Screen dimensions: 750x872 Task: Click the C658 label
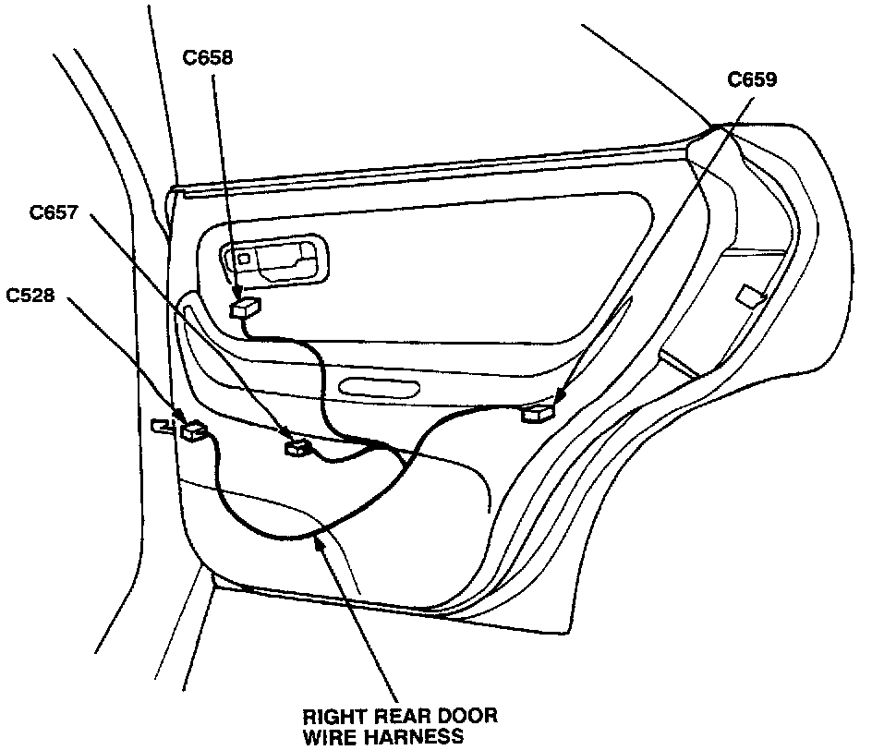pyautogui.click(x=208, y=58)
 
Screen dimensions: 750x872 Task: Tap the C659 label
pyautogui.click(x=752, y=79)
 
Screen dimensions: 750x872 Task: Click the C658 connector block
pyautogui.click(x=246, y=308)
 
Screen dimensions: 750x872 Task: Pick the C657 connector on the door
pyautogui.click(x=297, y=448)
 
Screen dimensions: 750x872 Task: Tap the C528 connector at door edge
pyautogui.click(x=195, y=429)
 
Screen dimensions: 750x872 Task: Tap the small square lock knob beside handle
pyautogui.click(x=242, y=260)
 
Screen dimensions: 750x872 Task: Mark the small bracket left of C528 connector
pyautogui.click(x=162, y=425)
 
